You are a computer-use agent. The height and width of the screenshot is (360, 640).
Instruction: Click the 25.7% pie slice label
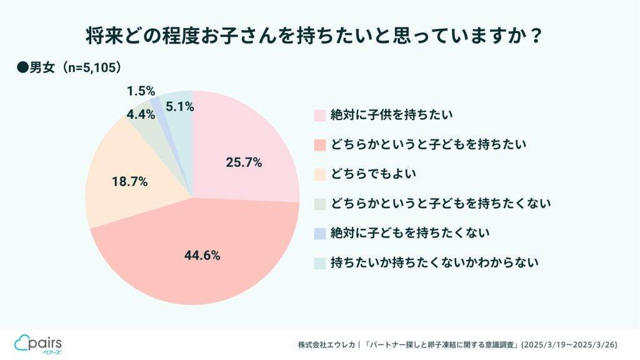[x=243, y=162]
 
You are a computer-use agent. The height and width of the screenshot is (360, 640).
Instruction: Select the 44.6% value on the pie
[x=202, y=255]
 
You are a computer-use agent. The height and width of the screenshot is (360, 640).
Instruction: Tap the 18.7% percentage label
[x=129, y=182]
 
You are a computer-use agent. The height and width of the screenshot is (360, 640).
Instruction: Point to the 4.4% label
[x=141, y=114]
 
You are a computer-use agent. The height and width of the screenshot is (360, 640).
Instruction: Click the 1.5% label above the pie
[x=141, y=91]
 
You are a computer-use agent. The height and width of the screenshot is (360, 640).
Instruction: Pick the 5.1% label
[x=180, y=107]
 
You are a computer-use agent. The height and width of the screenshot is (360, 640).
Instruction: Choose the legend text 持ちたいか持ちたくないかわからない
[x=434, y=262]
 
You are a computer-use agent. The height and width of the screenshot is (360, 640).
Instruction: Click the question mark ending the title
[x=535, y=36]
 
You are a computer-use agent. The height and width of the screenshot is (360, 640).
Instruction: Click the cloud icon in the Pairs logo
[x=22, y=342]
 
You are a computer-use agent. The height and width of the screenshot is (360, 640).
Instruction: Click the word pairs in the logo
[x=47, y=341]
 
